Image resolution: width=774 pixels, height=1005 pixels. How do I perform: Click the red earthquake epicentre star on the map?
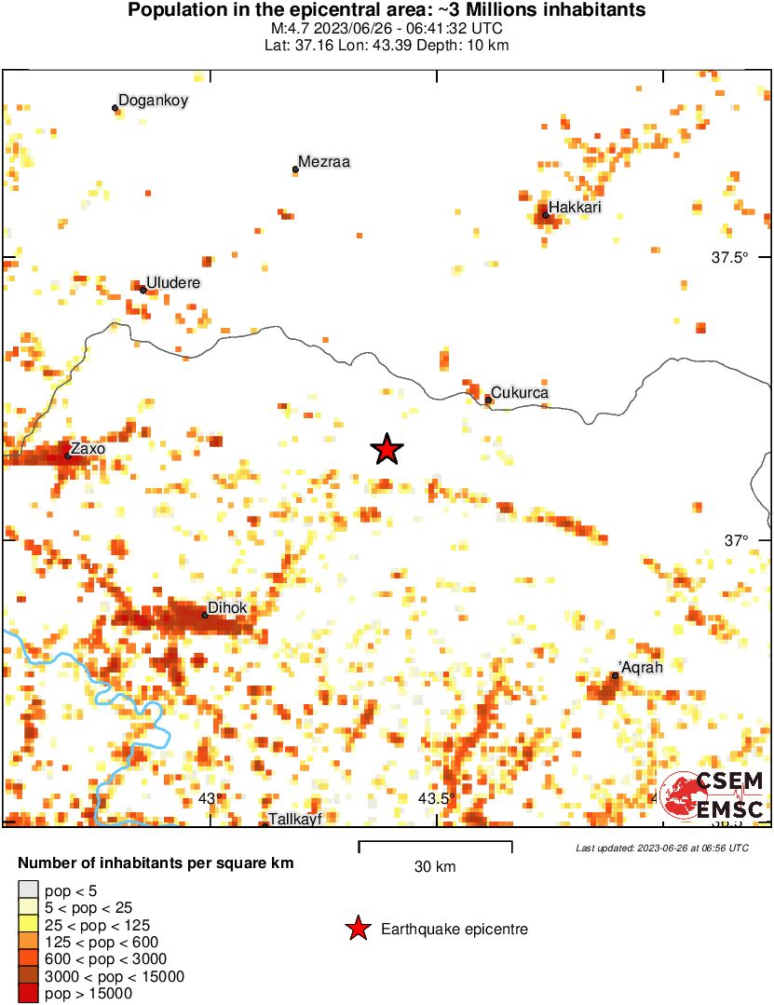coord(387,450)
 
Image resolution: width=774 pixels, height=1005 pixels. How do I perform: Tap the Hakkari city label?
coord(575,208)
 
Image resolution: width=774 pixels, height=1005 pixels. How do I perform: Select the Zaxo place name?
coord(88,449)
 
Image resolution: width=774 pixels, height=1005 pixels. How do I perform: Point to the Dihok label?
coord(227,608)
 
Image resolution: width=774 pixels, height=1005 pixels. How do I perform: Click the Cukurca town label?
coord(520,393)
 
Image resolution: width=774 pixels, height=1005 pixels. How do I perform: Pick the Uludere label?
coord(173,282)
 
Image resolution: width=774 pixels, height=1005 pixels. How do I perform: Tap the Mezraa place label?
coord(324,162)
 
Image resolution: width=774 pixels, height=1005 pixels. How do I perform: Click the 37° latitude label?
coord(737,540)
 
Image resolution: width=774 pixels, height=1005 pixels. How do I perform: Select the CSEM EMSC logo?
coord(712,795)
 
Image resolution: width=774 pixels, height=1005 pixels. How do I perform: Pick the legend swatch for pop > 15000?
coord(29,994)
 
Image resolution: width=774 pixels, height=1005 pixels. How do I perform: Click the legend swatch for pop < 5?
coord(29,891)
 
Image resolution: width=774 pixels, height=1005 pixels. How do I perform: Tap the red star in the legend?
coord(357,929)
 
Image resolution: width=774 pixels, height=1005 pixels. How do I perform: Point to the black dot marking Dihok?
coord(205,615)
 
